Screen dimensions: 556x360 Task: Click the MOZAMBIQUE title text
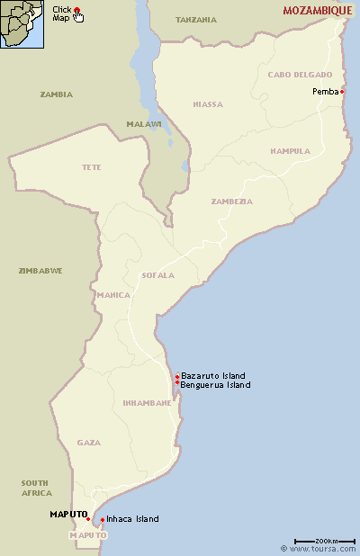[x=318, y=11]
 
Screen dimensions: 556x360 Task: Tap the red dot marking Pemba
[x=342, y=92]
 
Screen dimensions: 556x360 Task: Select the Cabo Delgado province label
[x=300, y=75]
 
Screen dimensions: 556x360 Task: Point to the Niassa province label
[x=208, y=104]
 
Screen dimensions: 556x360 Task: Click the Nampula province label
[x=290, y=151]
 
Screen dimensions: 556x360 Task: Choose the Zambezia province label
[x=231, y=202]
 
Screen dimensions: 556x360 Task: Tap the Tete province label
[x=92, y=167]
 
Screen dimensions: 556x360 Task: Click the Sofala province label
[x=158, y=275]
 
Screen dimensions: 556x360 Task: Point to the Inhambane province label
[x=147, y=403]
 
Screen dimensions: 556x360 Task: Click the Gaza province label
[x=89, y=443]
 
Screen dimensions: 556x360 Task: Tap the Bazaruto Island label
[x=213, y=375]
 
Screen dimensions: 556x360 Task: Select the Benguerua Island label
[x=215, y=385]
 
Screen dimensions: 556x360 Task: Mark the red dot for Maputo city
[x=88, y=519]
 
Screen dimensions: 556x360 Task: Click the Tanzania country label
[x=196, y=19]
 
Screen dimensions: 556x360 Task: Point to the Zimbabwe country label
[x=40, y=270]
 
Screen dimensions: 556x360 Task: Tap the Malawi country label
[x=144, y=123]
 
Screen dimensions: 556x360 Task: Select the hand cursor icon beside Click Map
[x=79, y=16]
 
